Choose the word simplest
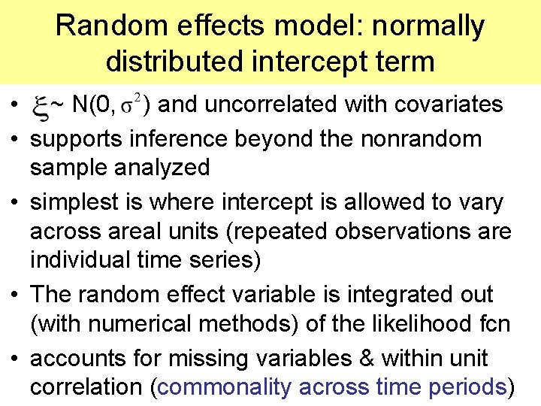(x=77, y=201)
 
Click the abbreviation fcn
(x=493, y=324)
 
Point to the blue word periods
(x=467, y=387)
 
